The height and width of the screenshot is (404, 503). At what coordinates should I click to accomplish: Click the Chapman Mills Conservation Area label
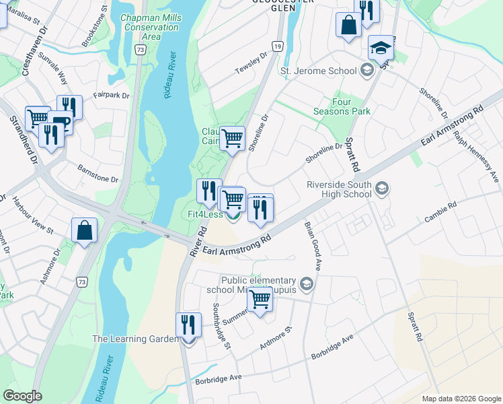click(x=151, y=28)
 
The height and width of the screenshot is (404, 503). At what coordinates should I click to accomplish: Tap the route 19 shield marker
click(x=277, y=46)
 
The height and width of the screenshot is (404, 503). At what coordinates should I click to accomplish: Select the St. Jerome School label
click(x=318, y=71)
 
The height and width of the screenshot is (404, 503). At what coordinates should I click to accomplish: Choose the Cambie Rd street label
click(x=440, y=212)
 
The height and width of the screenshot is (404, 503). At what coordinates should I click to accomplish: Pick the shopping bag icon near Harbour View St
click(x=85, y=230)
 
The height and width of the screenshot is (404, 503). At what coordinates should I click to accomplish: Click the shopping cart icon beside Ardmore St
click(x=260, y=300)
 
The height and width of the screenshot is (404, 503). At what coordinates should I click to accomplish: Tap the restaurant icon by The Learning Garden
click(x=188, y=326)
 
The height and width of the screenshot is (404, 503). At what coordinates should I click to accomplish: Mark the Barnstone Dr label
click(x=98, y=174)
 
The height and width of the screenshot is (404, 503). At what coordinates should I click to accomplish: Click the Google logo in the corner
click(x=22, y=396)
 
